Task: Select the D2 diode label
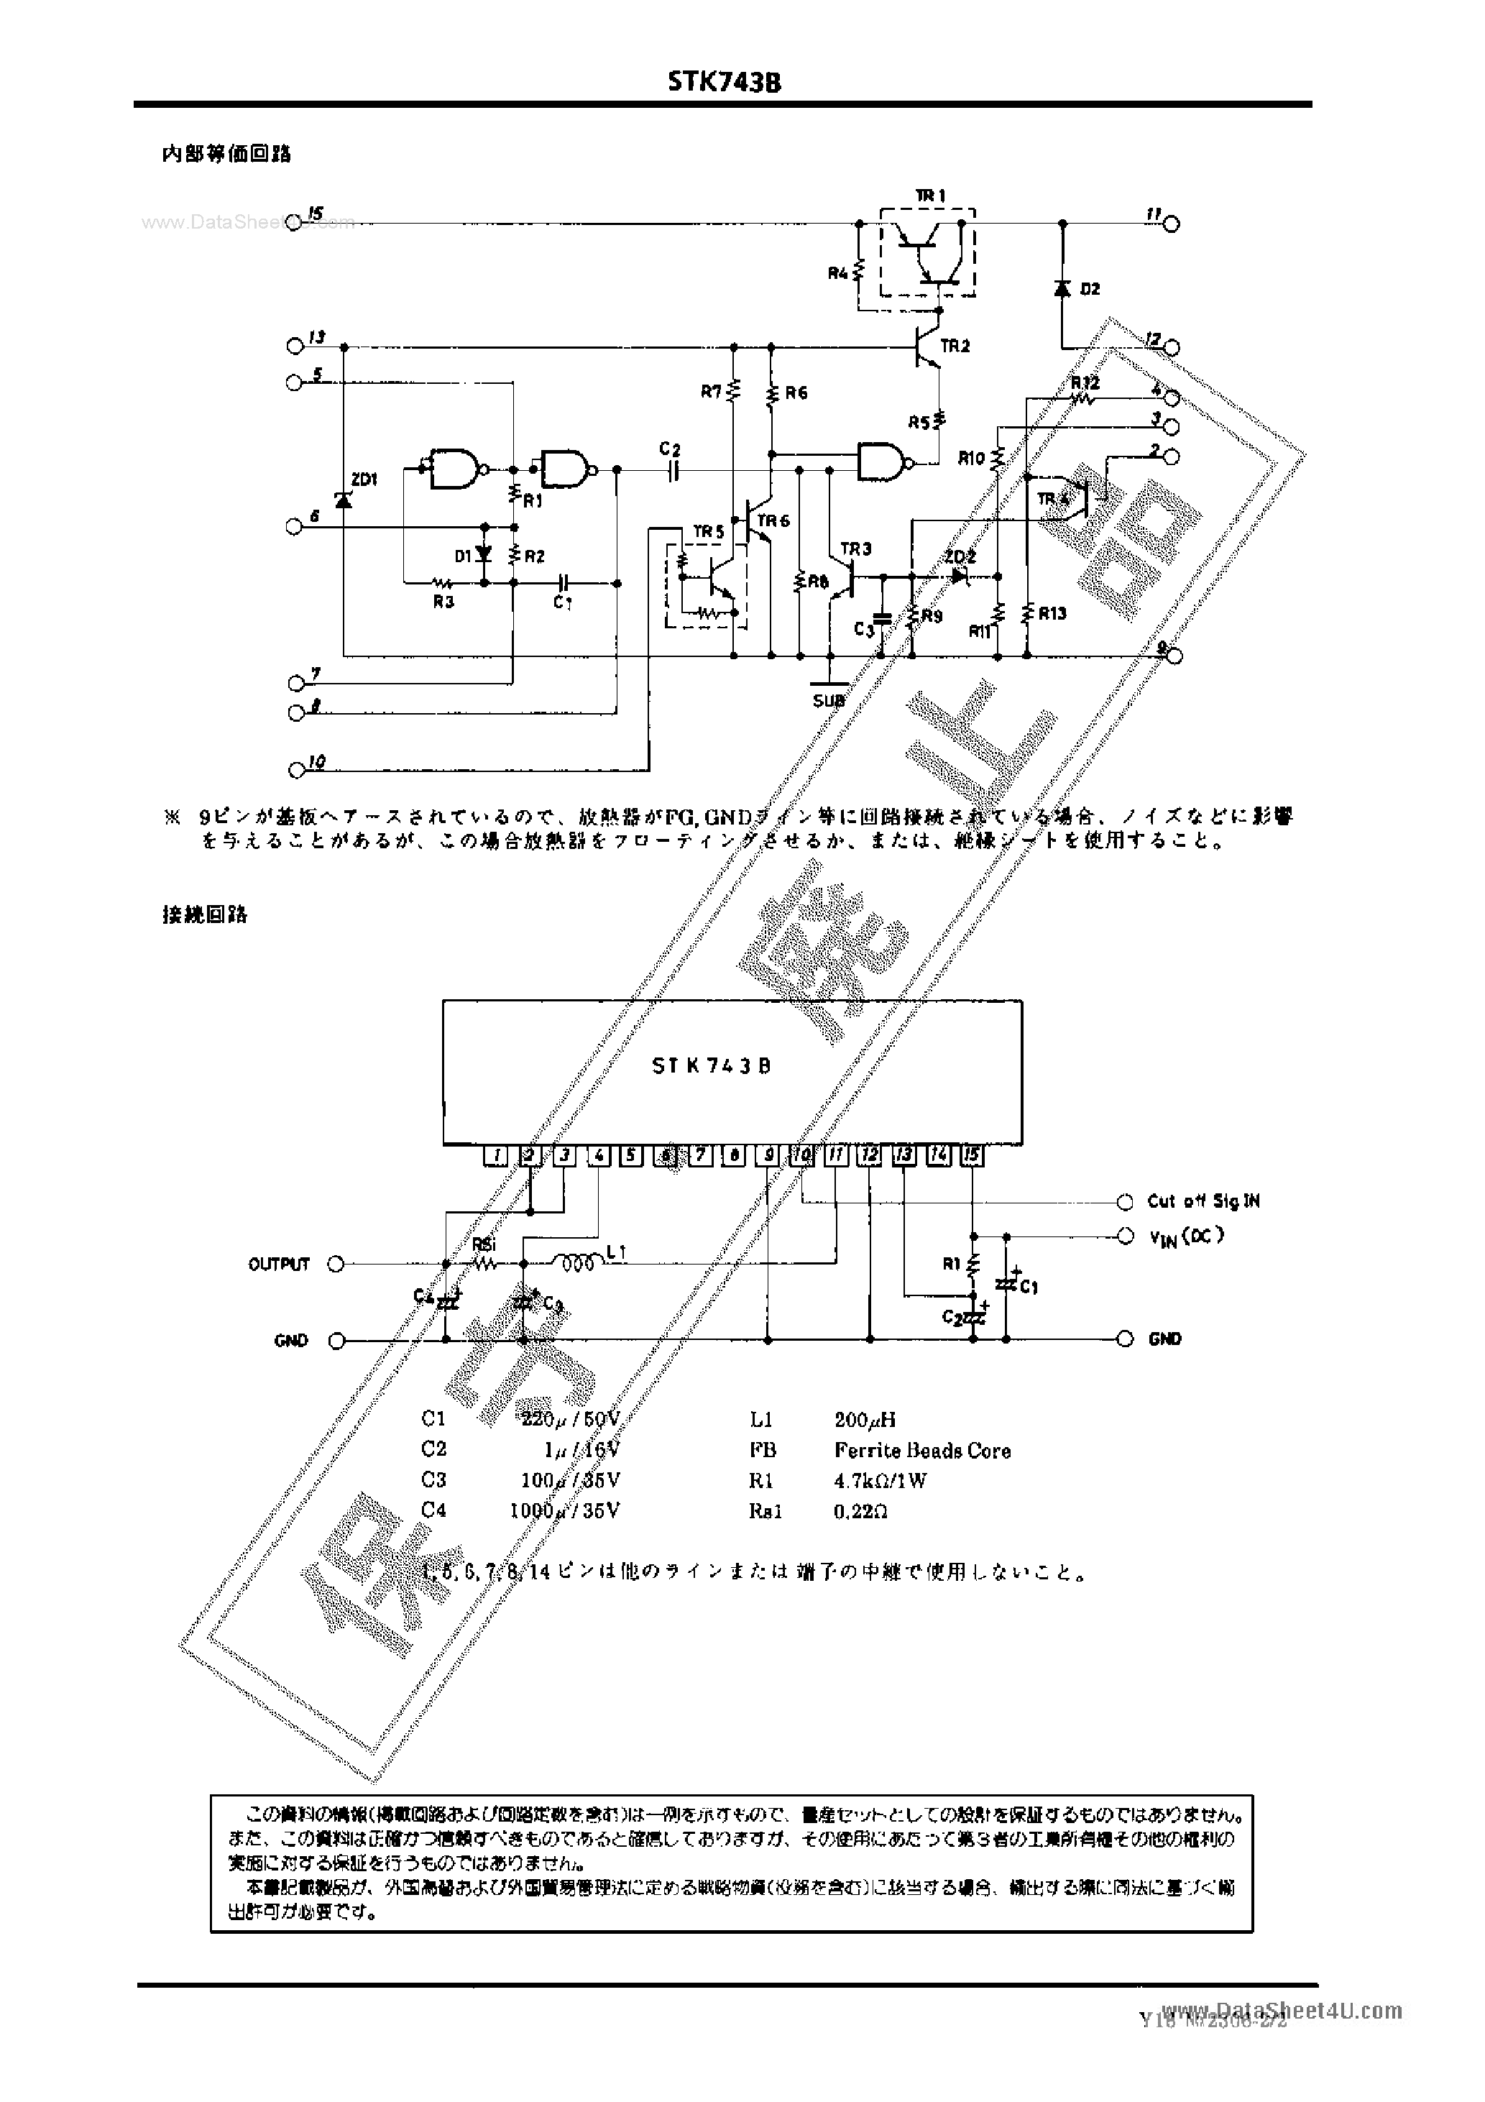pos(1090,289)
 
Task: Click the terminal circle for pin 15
pos(294,221)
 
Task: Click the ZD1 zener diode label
pos(364,479)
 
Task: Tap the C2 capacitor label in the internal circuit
pos(669,449)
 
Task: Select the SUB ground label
pos(829,702)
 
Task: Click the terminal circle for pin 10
pos(295,770)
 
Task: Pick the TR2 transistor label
pos(955,346)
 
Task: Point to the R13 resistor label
pos(1052,613)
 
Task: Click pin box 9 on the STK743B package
pos(767,1155)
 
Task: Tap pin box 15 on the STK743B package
pos(971,1155)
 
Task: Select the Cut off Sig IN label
pos(1203,1201)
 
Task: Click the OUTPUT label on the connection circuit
pos(279,1265)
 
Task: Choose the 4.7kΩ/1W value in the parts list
pos(880,1480)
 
